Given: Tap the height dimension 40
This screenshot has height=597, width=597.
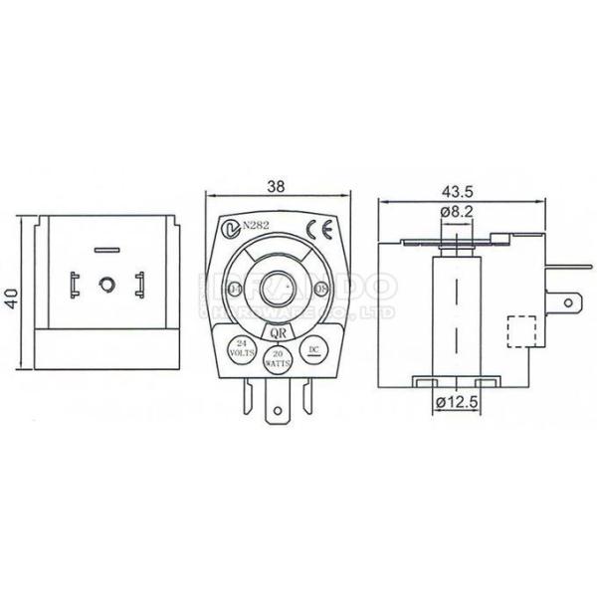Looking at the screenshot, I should coord(11,298).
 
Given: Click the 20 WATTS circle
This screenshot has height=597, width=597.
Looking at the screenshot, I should coord(278,359).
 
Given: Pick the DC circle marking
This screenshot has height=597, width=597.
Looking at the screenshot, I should coord(313,350).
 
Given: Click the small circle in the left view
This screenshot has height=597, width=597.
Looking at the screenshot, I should coord(106,286).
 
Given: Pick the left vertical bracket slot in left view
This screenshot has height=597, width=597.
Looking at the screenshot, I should coord(74,287).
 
